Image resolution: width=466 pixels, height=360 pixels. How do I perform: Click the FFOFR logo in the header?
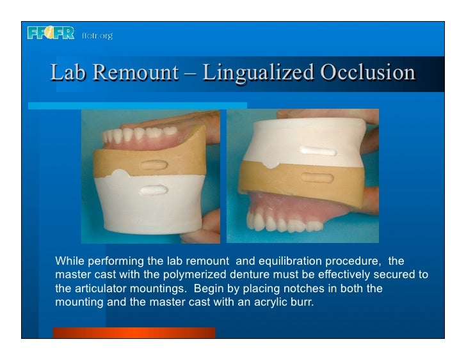[51, 33]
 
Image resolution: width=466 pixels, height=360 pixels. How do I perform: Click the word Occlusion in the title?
[367, 73]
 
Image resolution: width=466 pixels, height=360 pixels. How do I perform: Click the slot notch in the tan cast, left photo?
[154, 165]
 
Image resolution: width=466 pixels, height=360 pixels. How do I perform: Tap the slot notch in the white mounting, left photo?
[153, 190]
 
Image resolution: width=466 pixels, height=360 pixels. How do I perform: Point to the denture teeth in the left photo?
[141, 134]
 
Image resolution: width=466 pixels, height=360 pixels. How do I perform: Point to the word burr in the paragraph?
[303, 302]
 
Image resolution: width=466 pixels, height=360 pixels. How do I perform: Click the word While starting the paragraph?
[70, 262]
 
